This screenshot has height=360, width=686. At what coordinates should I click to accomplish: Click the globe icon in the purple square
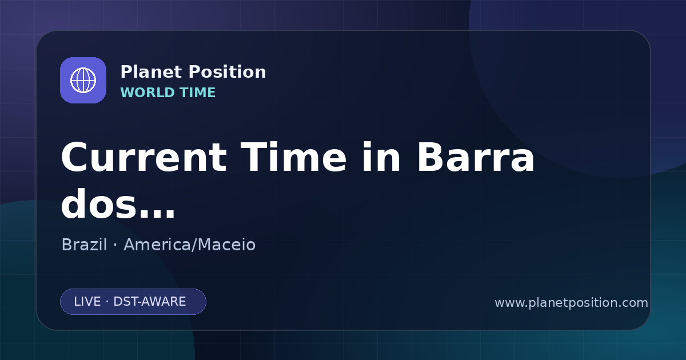click(83, 80)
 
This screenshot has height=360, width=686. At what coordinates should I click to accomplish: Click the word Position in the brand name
click(228, 72)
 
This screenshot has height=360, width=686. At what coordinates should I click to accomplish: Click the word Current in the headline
click(144, 158)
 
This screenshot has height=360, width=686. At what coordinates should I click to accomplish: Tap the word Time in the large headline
click(293, 157)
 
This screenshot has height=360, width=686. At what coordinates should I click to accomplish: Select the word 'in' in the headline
click(381, 157)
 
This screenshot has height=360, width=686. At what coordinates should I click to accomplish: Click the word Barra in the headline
click(476, 157)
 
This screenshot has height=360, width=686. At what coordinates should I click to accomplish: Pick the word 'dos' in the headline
click(98, 203)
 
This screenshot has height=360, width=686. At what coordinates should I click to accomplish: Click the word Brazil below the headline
click(84, 245)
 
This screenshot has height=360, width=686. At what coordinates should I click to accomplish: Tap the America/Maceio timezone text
click(190, 245)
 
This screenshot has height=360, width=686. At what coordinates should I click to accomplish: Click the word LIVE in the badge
click(87, 302)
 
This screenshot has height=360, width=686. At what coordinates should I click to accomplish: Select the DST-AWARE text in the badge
click(150, 302)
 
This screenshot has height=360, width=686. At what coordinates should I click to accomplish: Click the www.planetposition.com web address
click(572, 303)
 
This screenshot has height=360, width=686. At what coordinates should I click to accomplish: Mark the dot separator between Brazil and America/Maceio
click(115, 245)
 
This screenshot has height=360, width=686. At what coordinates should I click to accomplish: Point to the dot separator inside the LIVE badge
click(107, 302)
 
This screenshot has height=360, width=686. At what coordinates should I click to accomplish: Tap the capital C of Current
click(75, 158)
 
